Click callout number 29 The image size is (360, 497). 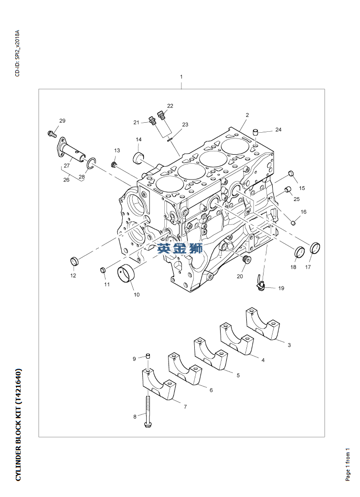coord(62,120)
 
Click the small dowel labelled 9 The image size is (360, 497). coord(148,356)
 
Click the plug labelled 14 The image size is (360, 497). coord(138,157)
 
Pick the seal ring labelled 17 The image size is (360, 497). coord(315,248)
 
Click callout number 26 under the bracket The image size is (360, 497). coord(66,180)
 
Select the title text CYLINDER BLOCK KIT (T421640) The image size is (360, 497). coord(19,424)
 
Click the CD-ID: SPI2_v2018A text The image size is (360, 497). coord(18,53)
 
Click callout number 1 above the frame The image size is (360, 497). coord(181,77)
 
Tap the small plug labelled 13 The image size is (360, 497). coord(114,165)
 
